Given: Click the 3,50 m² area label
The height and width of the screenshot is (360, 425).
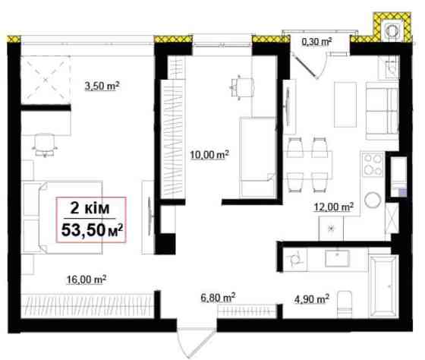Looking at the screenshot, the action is tap(102, 86).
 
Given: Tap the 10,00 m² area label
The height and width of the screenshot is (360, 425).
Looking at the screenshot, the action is tap(209, 155).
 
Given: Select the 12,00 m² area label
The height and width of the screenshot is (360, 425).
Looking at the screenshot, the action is tap(334, 207).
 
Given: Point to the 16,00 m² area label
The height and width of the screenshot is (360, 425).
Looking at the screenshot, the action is tap(87, 279).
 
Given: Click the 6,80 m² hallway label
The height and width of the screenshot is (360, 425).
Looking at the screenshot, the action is tap(218, 297).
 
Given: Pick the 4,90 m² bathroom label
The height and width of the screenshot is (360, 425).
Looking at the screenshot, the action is tap(312, 299).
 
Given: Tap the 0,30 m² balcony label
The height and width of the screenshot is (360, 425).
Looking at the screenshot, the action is tap(317, 42).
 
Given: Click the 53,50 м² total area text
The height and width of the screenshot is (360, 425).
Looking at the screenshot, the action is tap(92, 230).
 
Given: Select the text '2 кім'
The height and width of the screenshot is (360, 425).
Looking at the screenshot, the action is tap(90, 208).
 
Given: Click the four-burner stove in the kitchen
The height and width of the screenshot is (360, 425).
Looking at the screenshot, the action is tap(373, 164).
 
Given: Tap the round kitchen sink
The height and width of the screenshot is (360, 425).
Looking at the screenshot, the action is tap(373, 201).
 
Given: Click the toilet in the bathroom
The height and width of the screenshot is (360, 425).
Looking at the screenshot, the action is tap(345, 304).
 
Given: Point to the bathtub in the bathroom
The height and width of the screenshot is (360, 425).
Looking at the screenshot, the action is tap(383, 286).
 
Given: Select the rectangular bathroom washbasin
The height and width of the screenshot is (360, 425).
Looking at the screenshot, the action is tap(337, 258).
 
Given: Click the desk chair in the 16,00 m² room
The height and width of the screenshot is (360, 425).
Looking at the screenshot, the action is tap(45, 145).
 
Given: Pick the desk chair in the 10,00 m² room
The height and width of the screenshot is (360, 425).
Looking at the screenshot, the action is tap(242, 87).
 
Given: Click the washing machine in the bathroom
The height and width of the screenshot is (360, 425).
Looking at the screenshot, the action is tap(295, 260).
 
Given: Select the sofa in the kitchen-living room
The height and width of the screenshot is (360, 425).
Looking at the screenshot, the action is tap(382, 111).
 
